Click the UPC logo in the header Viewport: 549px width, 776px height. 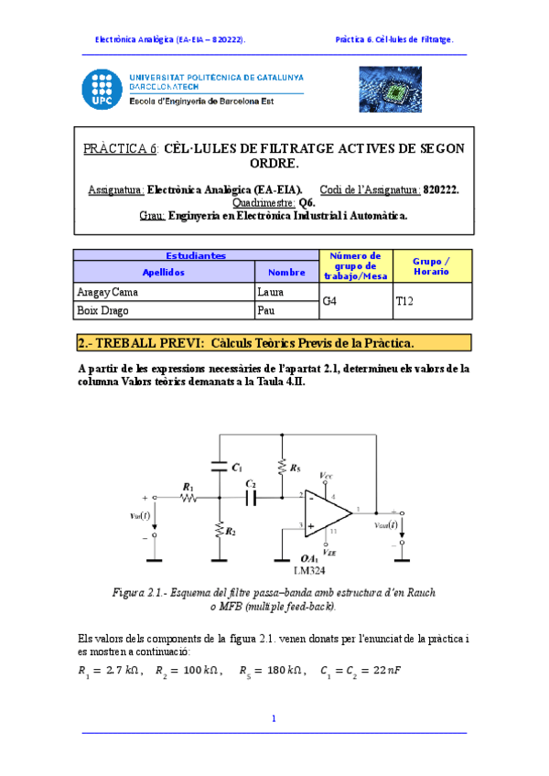pyautogui.click(x=100, y=88)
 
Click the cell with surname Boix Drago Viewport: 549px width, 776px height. pyautogui.click(x=164, y=310)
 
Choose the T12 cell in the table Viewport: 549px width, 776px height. pyautogui.click(x=432, y=300)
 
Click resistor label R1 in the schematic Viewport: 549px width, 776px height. pyautogui.click(x=188, y=487)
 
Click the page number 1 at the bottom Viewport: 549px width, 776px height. pyautogui.click(x=274, y=718)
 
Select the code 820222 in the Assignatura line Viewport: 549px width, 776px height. pyautogui.click(x=441, y=189)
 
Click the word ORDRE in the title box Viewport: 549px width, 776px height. pyautogui.click(x=274, y=163)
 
